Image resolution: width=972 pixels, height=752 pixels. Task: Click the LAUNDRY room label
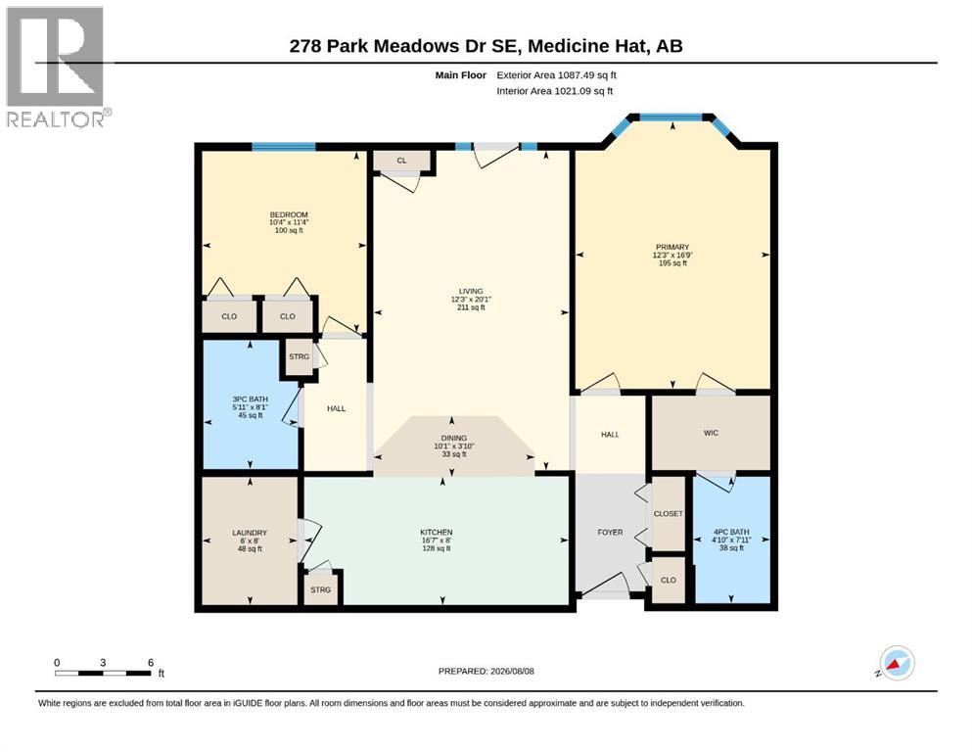[x=250, y=533]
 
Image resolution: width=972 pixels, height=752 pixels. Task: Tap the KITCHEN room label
[x=437, y=532]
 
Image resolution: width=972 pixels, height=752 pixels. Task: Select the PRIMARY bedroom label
[x=671, y=247]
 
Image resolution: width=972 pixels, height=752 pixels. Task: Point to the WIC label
[x=711, y=433]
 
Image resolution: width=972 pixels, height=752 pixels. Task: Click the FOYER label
[x=610, y=532]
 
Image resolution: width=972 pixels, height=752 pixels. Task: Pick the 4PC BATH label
[x=731, y=532]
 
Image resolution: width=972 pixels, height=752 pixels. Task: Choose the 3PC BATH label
[x=251, y=399]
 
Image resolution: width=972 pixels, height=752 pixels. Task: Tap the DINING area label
[x=454, y=438]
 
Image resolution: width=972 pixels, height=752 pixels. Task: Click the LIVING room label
[x=471, y=291]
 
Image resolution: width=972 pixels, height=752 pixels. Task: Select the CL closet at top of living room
[x=401, y=161]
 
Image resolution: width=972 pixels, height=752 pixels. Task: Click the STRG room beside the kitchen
[x=320, y=589]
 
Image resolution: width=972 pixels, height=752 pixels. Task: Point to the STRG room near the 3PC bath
[x=299, y=356]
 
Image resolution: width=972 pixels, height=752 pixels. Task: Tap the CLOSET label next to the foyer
[x=669, y=513]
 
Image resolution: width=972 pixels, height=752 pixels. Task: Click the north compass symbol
[x=897, y=663]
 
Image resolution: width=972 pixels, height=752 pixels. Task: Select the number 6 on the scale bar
[x=151, y=662]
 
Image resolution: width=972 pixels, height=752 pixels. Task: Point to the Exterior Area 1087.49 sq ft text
[x=556, y=75]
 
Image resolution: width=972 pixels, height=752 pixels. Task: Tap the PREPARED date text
[x=486, y=671]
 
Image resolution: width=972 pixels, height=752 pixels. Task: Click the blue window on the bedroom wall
[x=283, y=147]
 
